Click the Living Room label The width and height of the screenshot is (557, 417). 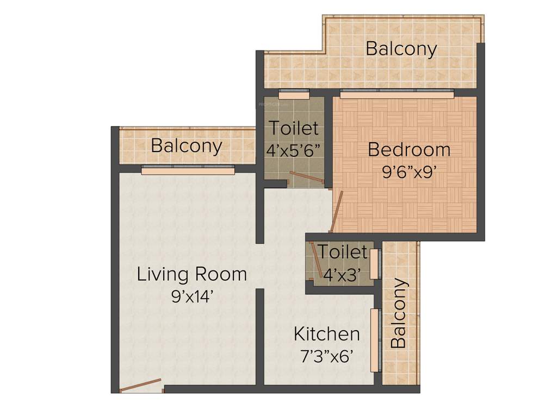(x=191, y=274)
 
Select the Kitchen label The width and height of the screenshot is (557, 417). (x=326, y=333)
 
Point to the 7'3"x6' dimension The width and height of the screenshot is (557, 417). (x=327, y=356)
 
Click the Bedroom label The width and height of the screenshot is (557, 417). (x=409, y=149)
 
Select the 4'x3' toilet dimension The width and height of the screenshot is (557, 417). (x=343, y=275)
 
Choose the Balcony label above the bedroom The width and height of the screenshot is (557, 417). (x=401, y=48)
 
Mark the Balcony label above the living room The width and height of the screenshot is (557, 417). (x=187, y=146)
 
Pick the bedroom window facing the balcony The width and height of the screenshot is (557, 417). (x=397, y=94)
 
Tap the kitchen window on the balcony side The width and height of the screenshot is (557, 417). (x=374, y=340)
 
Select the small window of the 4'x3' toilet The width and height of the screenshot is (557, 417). (x=374, y=264)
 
